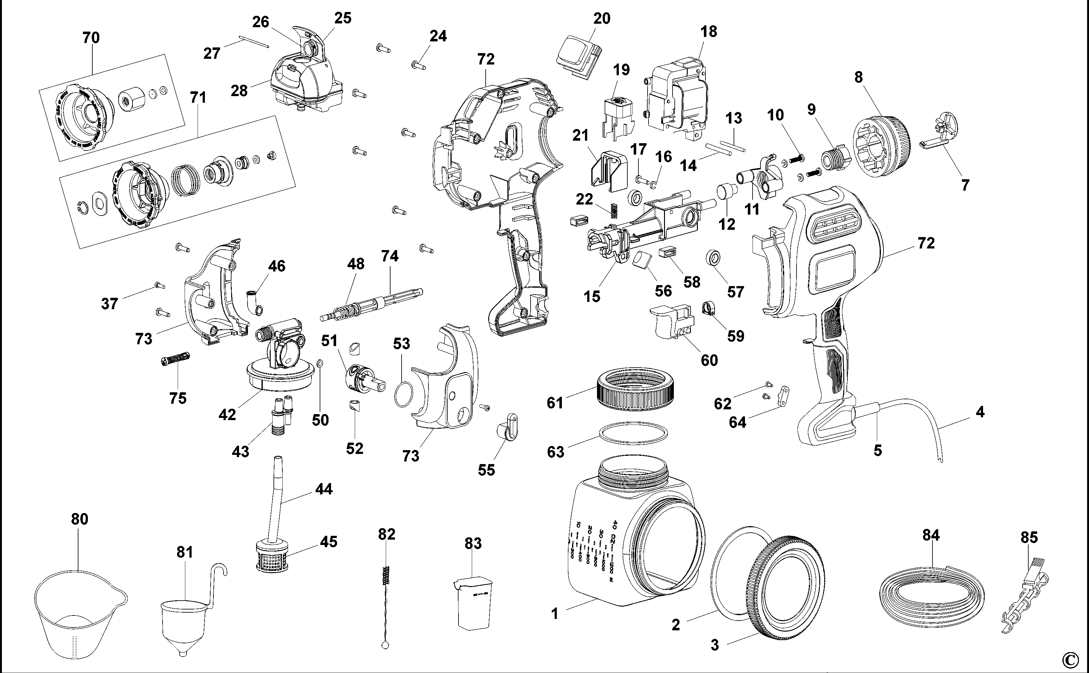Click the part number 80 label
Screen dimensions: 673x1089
80,519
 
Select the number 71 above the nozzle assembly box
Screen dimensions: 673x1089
198,97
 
